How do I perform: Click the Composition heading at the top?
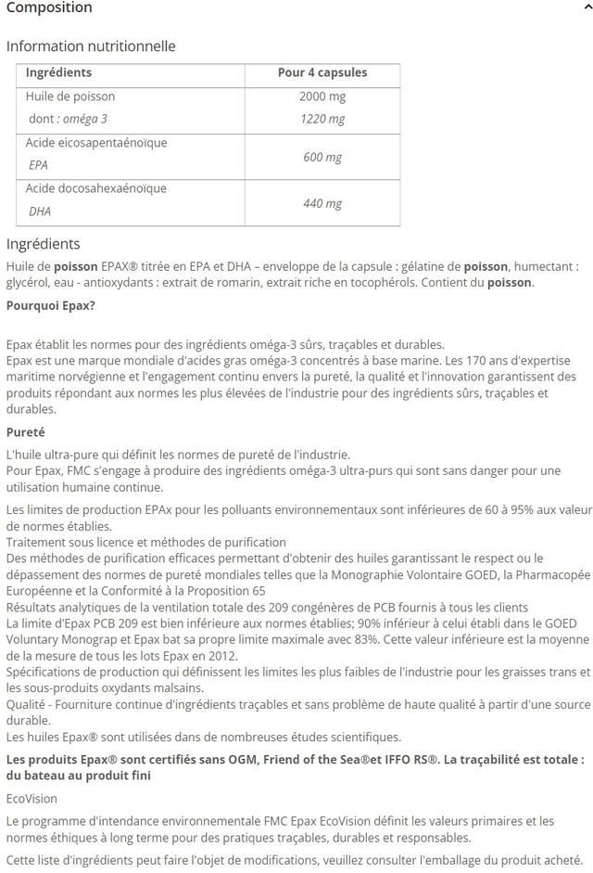(49, 8)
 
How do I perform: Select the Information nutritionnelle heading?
(91, 46)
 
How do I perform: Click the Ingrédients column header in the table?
(58, 72)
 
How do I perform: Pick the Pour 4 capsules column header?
(322, 72)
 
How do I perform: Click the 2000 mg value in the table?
(322, 96)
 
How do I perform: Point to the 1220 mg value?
(322, 119)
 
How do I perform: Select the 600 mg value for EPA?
(322, 158)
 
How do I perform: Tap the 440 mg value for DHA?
(322, 204)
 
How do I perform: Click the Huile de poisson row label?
(70, 96)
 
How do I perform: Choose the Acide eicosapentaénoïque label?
(96, 143)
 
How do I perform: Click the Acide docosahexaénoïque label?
(96, 188)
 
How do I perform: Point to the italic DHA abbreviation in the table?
(40, 212)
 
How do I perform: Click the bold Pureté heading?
(26, 432)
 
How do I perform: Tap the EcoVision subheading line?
(32, 799)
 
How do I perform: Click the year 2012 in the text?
(223, 656)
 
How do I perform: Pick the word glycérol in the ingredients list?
(29, 282)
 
